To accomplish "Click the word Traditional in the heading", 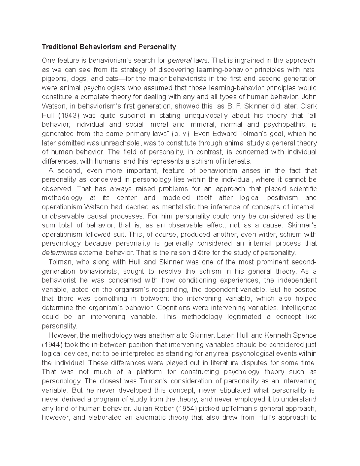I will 59,47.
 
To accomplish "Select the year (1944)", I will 52,344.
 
